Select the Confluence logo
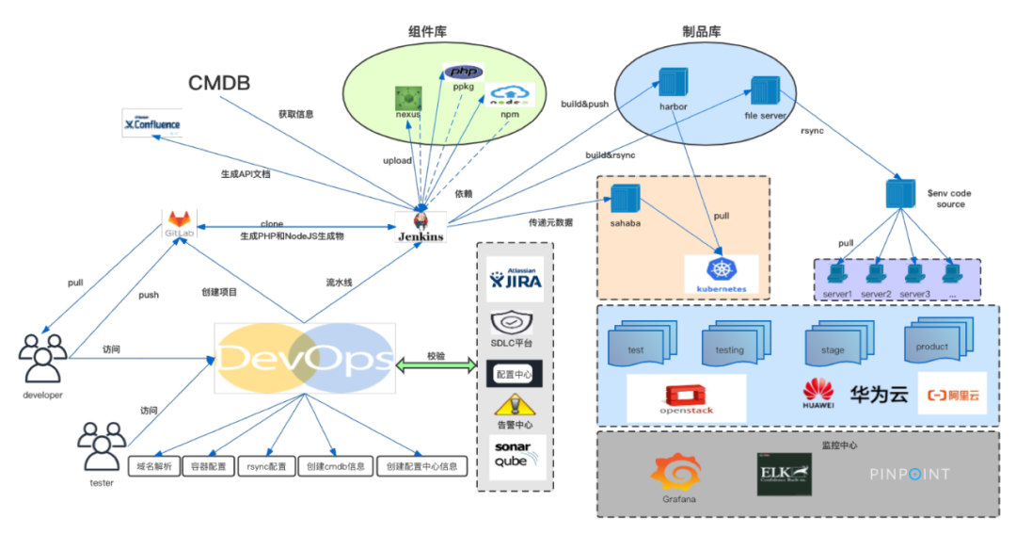[152, 122]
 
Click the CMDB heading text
[219, 83]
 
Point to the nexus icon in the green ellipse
[407, 97]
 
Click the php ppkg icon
[463, 73]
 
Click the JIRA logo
[515, 278]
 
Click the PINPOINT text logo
[909, 475]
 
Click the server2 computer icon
[876, 274]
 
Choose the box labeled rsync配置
[266, 466]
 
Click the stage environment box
[833, 346]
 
